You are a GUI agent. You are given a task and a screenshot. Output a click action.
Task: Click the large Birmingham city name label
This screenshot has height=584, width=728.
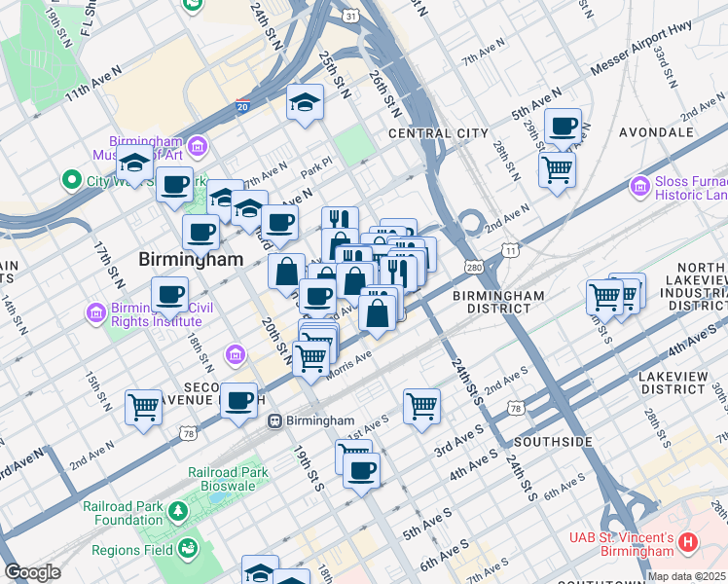click(190, 260)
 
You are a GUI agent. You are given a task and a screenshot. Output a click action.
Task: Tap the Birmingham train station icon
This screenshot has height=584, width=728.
click(276, 420)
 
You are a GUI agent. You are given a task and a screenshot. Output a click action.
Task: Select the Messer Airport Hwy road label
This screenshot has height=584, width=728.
click(641, 59)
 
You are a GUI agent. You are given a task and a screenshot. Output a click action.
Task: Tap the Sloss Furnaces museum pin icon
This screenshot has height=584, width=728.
click(640, 185)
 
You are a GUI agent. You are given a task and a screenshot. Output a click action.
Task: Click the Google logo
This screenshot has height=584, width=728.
click(32, 572)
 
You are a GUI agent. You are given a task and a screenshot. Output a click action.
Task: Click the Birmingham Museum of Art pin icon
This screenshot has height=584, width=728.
click(198, 147)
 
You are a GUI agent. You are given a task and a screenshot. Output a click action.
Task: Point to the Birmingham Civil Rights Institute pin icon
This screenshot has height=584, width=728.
click(95, 313)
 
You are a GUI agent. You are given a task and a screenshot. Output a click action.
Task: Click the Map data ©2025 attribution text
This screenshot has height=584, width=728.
click(687, 576)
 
